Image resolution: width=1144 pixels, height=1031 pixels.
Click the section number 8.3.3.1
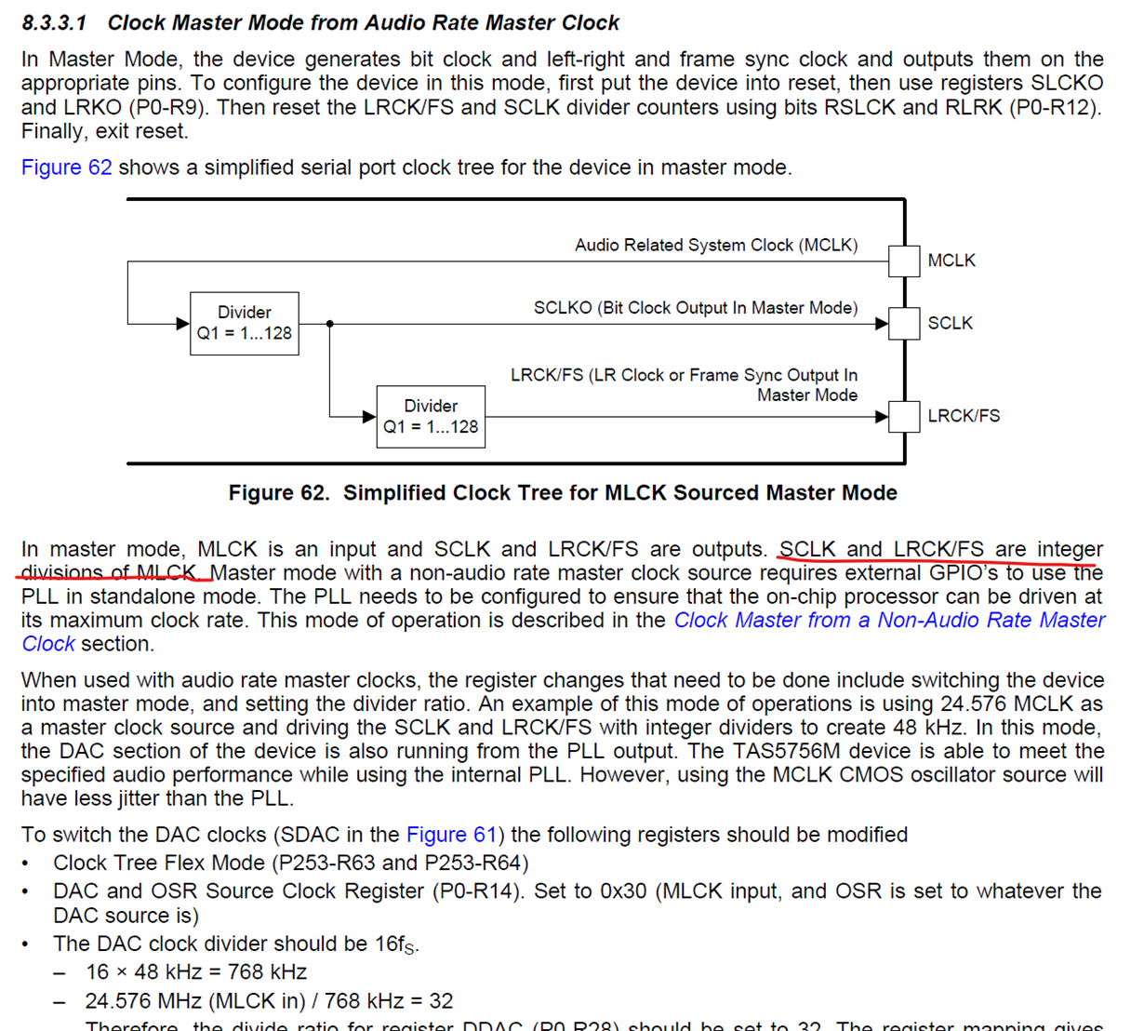54,22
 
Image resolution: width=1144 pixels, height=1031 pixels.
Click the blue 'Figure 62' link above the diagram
66,167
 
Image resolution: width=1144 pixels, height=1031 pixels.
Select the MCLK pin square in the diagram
904,261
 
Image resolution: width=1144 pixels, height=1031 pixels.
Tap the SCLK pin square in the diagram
904,324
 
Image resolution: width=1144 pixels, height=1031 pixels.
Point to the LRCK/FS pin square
904,416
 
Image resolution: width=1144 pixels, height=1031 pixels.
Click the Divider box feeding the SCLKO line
245,323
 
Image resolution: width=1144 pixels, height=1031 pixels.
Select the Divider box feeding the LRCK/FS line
431,416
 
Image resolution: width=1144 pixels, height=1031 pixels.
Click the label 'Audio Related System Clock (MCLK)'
716,245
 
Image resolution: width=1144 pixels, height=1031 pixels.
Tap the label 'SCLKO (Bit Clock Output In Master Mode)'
696,308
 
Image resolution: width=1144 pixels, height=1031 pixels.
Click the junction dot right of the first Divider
330,324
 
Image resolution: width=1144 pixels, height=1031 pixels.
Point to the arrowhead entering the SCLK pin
882,324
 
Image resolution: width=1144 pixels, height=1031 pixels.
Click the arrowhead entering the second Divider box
369,416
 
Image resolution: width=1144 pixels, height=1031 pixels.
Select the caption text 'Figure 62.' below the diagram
279,493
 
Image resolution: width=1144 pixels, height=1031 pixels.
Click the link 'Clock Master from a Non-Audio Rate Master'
889,620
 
